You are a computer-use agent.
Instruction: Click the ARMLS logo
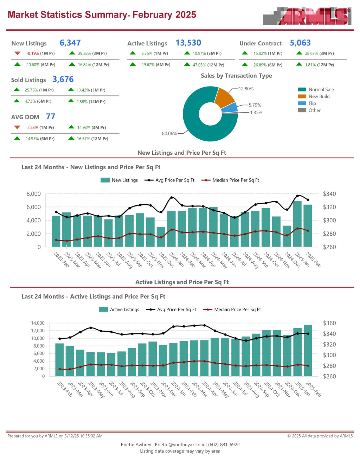(x=307, y=16)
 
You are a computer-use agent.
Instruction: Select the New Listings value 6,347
(x=70, y=43)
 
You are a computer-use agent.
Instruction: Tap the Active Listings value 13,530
(x=188, y=43)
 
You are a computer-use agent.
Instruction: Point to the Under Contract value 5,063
(x=300, y=43)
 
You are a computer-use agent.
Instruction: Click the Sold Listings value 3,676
(x=63, y=79)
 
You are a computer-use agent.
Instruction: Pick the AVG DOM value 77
(x=51, y=116)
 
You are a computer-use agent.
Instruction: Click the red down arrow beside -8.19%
(x=17, y=53)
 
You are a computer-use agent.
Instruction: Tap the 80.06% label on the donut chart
(x=169, y=134)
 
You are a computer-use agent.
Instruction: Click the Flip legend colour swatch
(x=302, y=103)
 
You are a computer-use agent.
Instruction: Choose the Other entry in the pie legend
(x=314, y=110)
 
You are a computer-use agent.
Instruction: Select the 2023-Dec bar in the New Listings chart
(x=161, y=237)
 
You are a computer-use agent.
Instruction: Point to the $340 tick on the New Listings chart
(x=329, y=194)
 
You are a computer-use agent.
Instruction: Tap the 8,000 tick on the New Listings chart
(x=33, y=194)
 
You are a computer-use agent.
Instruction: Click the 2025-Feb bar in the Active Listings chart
(x=308, y=350)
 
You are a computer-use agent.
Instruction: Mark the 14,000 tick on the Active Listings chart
(x=38, y=323)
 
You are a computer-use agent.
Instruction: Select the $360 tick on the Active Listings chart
(x=329, y=323)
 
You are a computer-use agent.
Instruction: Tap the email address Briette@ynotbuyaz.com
(x=179, y=445)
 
